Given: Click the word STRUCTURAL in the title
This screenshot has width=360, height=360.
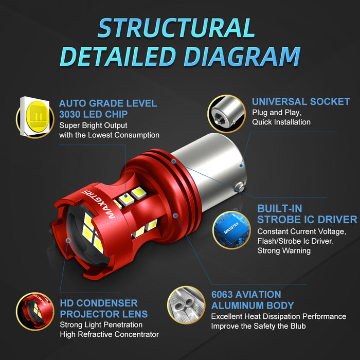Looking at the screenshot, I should click(x=176, y=28).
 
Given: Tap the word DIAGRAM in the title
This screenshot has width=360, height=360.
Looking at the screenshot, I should click(x=242, y=57).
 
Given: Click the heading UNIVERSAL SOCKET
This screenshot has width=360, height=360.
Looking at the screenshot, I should click(x=300, y=102).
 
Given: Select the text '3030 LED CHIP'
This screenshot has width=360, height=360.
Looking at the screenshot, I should click(x=93, y=114).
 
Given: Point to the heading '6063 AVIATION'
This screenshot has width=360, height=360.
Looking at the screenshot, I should click(x=246, y=295).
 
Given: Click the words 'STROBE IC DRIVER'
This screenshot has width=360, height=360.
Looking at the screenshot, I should click(x=307, y=220).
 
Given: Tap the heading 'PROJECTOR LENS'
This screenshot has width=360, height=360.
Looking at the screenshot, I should click(x=104, y=314).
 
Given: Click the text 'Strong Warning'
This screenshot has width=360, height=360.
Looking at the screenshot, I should click(x=284, y=251).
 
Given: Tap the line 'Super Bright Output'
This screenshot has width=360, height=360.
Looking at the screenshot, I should click(x=93, y=125).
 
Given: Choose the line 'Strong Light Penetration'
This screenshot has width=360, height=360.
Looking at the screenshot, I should click(x=102, y=325).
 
